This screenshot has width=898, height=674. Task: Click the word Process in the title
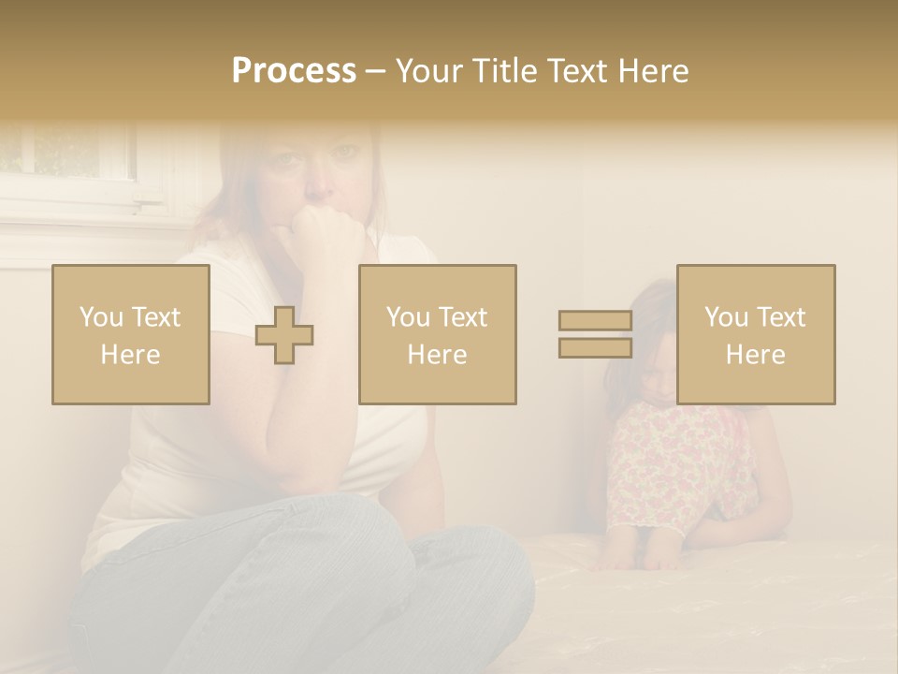pos(294,71)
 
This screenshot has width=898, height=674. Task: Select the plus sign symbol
pos(284,335)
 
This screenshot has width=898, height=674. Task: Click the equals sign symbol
pos(595,334)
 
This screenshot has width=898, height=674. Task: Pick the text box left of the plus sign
pos(131,334)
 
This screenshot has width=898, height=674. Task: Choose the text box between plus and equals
pos(437,334)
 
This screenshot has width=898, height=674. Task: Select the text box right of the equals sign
pos(756,334)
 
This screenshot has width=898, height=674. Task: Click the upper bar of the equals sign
pos(595,321)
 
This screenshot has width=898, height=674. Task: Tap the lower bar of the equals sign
pos(595,348)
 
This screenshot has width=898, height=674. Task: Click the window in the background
pos(65,159)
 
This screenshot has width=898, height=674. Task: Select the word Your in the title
pos(428,71)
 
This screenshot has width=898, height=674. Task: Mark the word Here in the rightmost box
pos(756,355)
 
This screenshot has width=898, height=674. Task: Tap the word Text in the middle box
pos(462,317)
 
